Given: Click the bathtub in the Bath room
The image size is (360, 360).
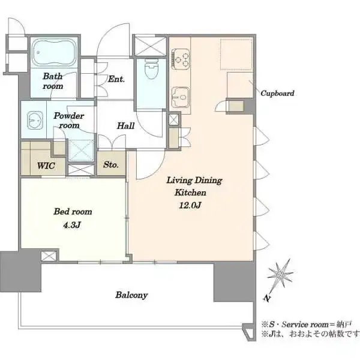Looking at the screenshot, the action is (x=54, y=52).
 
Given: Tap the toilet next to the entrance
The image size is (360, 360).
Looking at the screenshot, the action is (x=151, y=69).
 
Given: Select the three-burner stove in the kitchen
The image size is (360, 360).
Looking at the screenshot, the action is (x=181, y=59).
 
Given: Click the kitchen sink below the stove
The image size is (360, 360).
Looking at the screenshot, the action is (x=181, y=97).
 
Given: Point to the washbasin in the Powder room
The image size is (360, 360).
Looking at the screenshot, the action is (x=35, y=120).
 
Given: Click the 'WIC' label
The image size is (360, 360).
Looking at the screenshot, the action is (x=46, y=166).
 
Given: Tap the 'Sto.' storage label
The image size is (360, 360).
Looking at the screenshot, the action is (x=111, y=164).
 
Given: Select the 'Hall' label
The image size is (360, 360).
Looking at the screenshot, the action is (x=126, y=125).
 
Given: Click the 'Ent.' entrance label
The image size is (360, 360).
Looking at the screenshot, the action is (x=116, y=79).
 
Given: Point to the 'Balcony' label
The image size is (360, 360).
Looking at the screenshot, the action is (x=131, y=295).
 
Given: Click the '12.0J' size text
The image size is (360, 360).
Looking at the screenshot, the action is (x=190, y=205).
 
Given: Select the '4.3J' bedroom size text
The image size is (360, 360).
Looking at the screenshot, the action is (x=72, y=225).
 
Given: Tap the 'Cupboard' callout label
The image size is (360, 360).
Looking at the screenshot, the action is (x=277, y=94).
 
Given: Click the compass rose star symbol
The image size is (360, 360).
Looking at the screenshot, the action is (x=280, y=275).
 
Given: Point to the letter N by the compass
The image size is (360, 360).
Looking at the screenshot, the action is (x=266, y=298).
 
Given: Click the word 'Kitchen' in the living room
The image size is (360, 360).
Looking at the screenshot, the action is (x=190, y=193).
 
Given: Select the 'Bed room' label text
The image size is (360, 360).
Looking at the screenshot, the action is (x=73, y=211).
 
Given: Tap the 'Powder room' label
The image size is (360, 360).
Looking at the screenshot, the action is (x=68, y=121).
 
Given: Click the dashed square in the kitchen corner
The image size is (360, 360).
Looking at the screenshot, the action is (x=236, y=54).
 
